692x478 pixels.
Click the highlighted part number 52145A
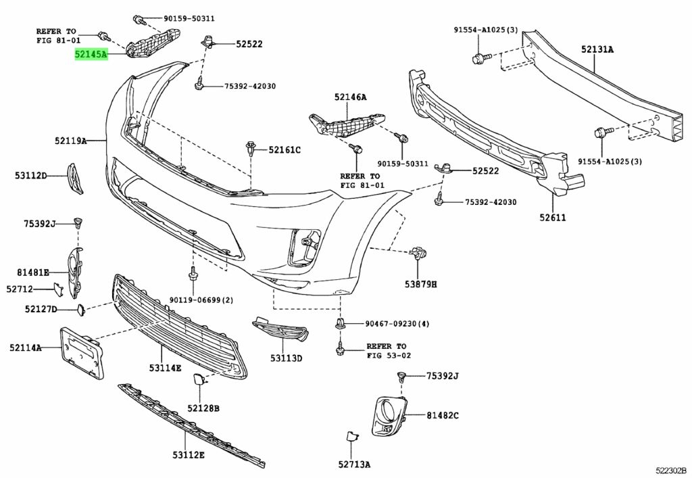click(91, 54)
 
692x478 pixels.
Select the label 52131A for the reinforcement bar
click(597, 49)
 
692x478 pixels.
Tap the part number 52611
click(552, 217)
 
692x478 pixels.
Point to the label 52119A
click(70, 141)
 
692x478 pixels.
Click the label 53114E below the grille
click(165, 368)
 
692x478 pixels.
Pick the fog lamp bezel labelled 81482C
click(389, 416)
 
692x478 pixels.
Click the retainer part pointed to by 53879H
click(418, 253)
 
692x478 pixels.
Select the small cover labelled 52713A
click(351, 437)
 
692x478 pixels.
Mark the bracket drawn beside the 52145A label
click(153, 41)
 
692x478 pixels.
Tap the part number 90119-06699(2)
click(201, 300)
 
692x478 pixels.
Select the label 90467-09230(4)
click(397, 324)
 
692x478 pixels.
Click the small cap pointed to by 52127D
click(81, 310)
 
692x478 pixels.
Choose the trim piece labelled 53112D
click(74, 178)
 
